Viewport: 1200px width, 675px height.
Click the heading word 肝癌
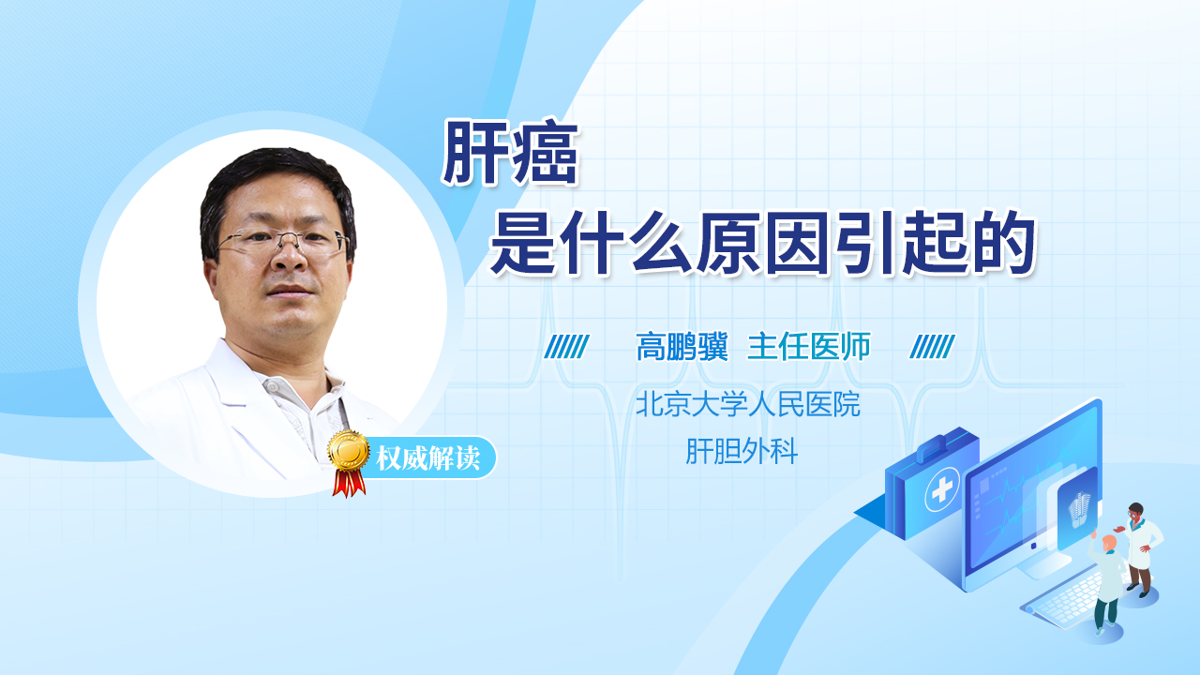click(511, 153)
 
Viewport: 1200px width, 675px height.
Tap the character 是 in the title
click(523, 244)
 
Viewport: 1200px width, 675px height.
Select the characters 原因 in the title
click(763, 244)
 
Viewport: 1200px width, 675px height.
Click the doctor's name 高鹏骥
click(682, 347)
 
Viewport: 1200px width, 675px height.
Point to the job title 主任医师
click(809, 347)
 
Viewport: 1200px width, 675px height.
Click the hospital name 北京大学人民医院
click(748, 404)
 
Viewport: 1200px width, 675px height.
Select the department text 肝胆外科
click(742, 451)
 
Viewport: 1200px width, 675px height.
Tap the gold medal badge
click(349, 452)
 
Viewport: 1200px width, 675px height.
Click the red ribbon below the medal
click(349, 483)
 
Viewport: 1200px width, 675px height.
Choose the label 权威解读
click(427, 458)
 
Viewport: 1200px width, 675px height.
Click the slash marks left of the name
click(566, 347)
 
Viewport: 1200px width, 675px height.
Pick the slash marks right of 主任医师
click(932, 347)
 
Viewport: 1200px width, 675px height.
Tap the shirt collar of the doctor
click(300, 397)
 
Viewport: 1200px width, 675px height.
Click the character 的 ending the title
click(1004, 244)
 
